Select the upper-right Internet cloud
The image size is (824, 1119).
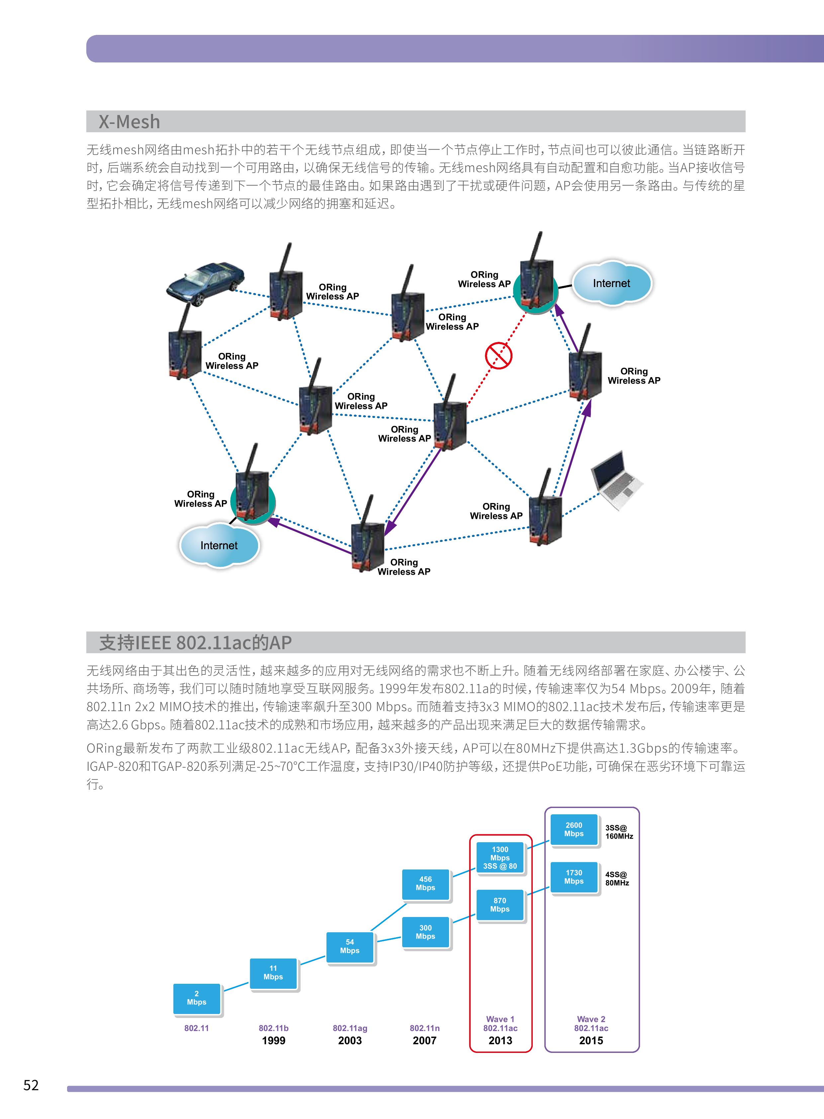[611, 283]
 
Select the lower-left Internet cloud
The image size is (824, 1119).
[219, 545]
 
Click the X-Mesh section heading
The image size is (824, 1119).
[129, 122]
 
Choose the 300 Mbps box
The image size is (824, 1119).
[425, 932]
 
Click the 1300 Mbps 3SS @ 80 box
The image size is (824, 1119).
[500, 858]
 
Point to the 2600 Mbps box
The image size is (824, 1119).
[574, 830]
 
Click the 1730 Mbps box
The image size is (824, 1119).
[574, 877]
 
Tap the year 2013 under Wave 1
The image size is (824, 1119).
[500, 1040]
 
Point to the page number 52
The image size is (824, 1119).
[31, 1085]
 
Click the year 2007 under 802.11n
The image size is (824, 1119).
[424, 1040]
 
